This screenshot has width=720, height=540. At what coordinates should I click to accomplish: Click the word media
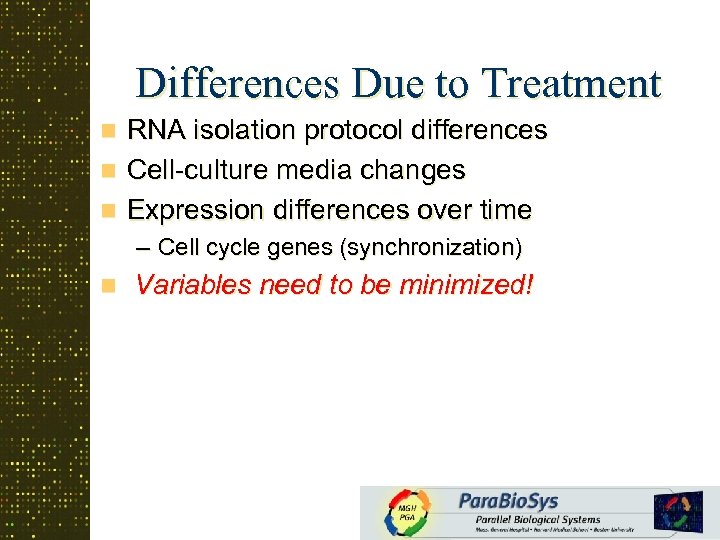[x=305, y=170]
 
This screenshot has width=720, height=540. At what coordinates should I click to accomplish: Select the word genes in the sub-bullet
[x=311, y=246]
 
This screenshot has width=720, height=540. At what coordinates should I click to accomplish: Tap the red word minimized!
[x=466, y=286]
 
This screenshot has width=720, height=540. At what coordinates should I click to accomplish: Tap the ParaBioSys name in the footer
[x=509, y=500]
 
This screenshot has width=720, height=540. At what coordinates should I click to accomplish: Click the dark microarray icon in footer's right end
[x=678, y=511]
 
